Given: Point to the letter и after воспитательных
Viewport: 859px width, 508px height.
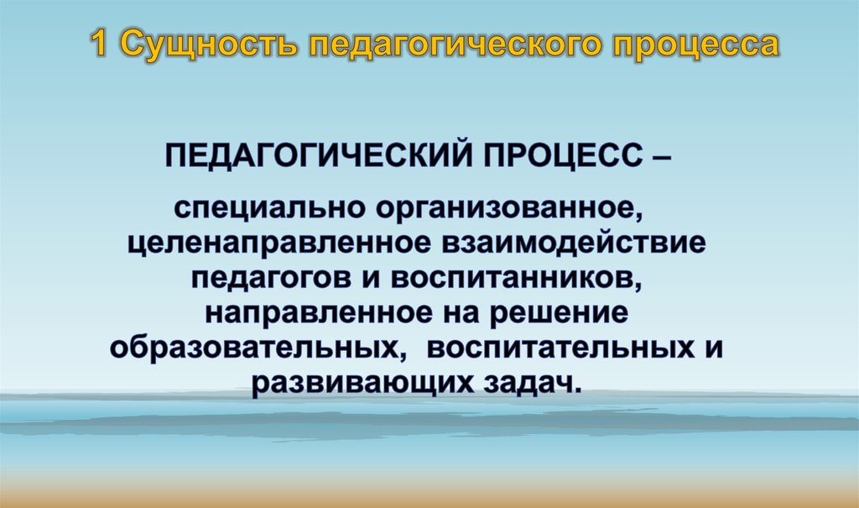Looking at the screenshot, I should point(712,347).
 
